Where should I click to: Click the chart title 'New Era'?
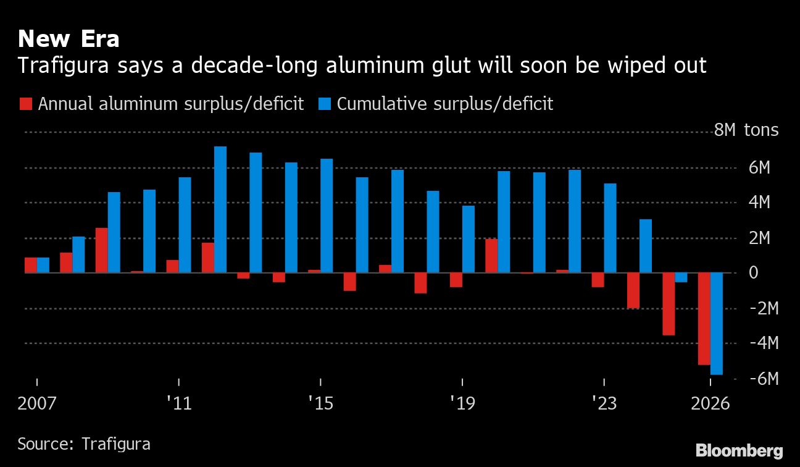[x=69, y=40]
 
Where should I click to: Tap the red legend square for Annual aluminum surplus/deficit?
[x=25, y=104]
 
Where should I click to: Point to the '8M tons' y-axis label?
[x=746, y=131]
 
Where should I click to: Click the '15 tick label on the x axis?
[x=320, y=405]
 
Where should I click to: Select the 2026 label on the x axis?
[x=710, y=405]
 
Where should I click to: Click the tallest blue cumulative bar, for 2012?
[x=220, y=209]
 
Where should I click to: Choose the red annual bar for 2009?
[x=101, y=250]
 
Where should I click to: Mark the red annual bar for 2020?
[x=491, y=256]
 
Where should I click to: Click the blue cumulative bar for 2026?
[x=717, y=323]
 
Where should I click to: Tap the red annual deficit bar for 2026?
[x=704, y=319]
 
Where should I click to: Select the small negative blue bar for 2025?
[x=681, y=277]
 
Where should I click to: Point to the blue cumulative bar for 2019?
[x=469, y=239]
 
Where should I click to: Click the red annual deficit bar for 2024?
[x=633, y=290]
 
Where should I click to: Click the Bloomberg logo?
[x=739, y=451]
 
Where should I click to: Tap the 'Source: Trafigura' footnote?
[x=84, y=444]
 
